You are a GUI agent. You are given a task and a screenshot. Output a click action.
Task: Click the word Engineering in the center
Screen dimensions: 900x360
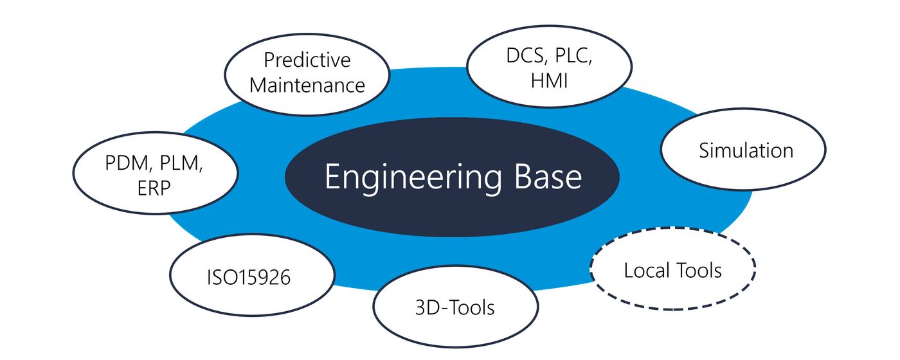[x=413, y=177]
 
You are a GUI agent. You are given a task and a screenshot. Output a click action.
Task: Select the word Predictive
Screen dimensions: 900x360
[x=307, y=60]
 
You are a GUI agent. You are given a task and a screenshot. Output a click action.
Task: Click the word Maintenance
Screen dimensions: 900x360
[x=307, y=85]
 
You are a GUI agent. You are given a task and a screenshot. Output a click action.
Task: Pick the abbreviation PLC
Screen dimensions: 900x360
[x=573, y=56]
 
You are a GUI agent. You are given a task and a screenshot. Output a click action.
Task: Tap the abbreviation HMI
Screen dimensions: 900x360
[x=549, y=80]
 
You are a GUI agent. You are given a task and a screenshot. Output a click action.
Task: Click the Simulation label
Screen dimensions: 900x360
[x=746, y=150]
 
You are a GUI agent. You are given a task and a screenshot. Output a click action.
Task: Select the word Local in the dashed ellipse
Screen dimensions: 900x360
[x=647, y=270]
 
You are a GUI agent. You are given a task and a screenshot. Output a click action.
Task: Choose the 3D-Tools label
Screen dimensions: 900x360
[x=455, y=308]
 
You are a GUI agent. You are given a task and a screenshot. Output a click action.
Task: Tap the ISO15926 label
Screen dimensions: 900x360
[x=249, y=277]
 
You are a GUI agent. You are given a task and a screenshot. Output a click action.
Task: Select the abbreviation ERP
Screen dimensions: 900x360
[x=154, y=188]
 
